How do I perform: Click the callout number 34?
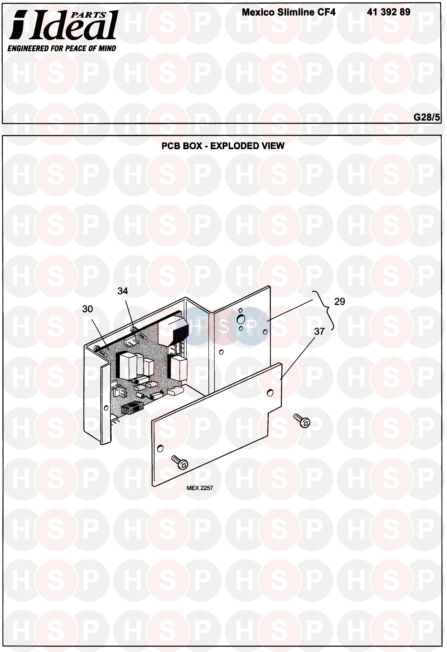123,291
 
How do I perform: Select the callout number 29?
339,302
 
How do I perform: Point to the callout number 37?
319,332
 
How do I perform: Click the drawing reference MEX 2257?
199,488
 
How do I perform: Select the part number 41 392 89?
388,12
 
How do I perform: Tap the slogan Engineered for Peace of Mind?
62,48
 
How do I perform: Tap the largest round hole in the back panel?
241,319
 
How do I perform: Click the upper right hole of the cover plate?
270,392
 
